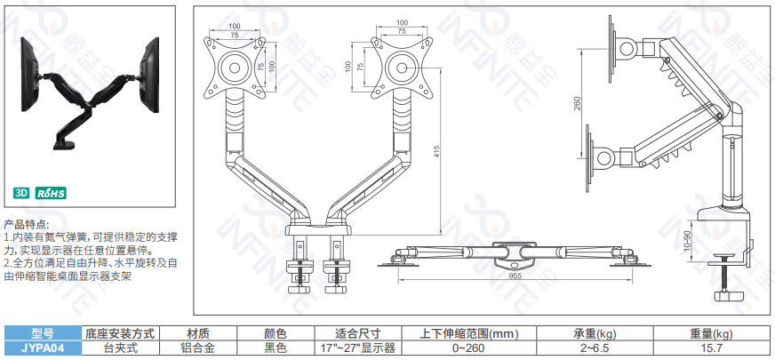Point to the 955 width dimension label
(x=515, y=276)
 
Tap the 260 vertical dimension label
(x=578, y=104)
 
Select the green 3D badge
(x=21, y=193)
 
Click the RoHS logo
(x=51, y=193)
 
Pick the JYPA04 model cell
(x=43, y=348)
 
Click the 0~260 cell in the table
(x=469, y=348)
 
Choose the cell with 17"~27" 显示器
(x=358, y=348)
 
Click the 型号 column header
(x=43, y=334)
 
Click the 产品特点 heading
(x=27, y=225)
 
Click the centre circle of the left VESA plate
(x=235, y=68)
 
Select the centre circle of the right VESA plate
(x=402, y=68)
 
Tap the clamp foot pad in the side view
(x=731, y=296)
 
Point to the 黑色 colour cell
(x=276, y=348)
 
